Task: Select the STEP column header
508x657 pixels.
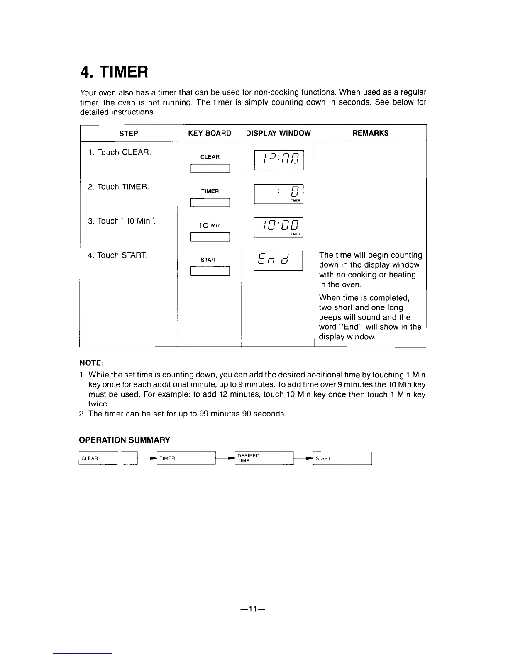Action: [129, 133]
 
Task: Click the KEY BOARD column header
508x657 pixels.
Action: [210, 133]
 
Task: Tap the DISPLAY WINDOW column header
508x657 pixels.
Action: [278, 133]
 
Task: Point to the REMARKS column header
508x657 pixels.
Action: [371, 133]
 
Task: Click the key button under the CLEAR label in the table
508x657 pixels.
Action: [210, 168]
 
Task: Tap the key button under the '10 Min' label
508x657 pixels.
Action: [210, 237]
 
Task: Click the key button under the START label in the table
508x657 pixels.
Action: [210, 271]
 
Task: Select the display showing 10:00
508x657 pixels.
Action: [278, 228]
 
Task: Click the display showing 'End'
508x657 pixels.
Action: [278, 261]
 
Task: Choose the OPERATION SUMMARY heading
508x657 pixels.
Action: [125, 440]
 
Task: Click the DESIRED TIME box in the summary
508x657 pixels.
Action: [264, 458]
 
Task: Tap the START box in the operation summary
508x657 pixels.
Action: [342, 458]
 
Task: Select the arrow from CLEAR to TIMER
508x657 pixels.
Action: [147, 458]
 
